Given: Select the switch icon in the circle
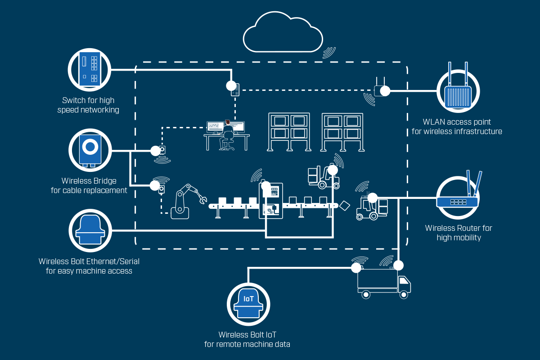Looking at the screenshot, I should pos(89,68).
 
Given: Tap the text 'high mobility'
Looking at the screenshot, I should pos(459,238).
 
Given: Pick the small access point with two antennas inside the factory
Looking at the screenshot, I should pos(380,86).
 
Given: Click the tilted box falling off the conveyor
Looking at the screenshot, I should pos(345,205).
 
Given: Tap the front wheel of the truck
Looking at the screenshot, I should pos(404,295).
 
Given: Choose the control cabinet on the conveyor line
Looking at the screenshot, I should pos(271,201).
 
